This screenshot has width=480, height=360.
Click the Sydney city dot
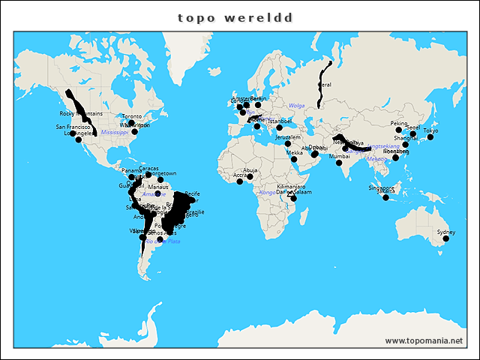point(446,239)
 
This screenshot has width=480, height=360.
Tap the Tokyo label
point(430,131)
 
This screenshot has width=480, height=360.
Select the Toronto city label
point(132,117)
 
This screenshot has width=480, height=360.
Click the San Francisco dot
point(73,133)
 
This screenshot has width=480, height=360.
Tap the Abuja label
point(250,170)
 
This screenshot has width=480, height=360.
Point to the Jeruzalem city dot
point(288,143)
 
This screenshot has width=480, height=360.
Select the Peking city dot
point(399,130)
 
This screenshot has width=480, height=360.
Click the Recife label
point(192,194)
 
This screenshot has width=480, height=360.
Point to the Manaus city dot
point(157,193)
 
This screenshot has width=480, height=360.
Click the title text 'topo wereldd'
point(235,16)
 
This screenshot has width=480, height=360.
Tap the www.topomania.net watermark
point(424,340)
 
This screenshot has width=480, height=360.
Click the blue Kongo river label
point(267,193)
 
